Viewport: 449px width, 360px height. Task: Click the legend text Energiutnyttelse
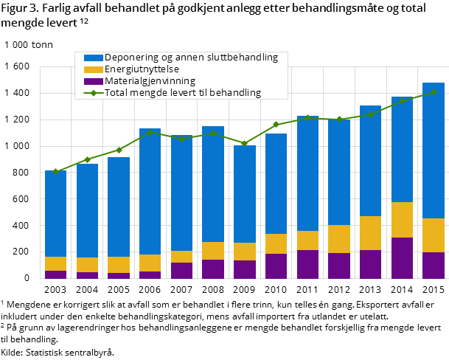[x=142, y=69]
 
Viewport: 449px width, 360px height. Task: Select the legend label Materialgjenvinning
[x=150, y=81]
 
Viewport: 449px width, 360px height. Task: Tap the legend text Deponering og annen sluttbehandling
[x=191, y=58]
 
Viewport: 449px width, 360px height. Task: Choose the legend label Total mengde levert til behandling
[x=183, y=93]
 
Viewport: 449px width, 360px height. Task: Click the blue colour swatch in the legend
[x=93, y=58]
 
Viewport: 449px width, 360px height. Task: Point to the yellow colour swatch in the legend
[x=93, y=69]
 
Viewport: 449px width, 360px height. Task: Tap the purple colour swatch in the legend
[x=93, y=81]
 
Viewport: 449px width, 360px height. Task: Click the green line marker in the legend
[x=93, y=93]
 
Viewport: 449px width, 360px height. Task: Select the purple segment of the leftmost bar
[x=55, y=274]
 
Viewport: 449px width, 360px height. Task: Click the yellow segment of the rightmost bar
[x=433, y=235]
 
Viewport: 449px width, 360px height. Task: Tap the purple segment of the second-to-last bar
[x=402, y=258]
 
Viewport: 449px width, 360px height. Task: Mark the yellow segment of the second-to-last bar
[x=402, y=220]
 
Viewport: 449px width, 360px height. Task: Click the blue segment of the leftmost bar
[x=55, y=214]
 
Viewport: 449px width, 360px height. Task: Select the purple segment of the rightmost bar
[x=433, y=266]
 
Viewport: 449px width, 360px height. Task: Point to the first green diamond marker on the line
[x=55, y=171]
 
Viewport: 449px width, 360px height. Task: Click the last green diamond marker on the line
[x=434, y=91]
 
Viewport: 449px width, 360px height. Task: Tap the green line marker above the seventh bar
[x=244, y=143]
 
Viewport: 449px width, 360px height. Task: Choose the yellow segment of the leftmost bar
[x=55, y=263]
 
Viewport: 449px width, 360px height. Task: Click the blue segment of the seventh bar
[x=244, y=194]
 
